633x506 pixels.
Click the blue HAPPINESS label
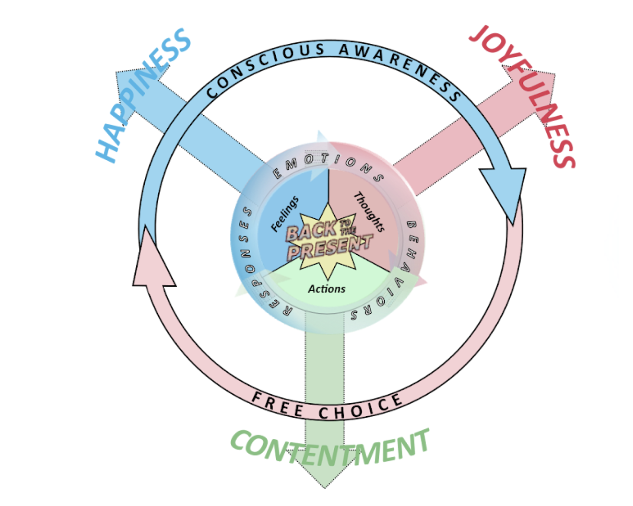143,95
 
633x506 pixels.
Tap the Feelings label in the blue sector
284,214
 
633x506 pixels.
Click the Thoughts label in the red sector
369,212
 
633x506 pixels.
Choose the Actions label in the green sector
326,289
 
